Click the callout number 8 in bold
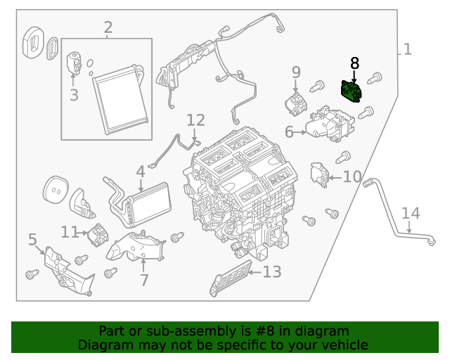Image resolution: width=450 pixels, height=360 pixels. pyautogui.click(x=354, y=63)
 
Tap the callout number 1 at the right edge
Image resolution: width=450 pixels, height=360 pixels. pyautogui.click(x=407, y=49)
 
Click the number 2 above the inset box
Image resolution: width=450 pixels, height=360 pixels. pyautogui.click(x=108, y=28)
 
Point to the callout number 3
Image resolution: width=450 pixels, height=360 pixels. pyautogui.click(x=74, y=94)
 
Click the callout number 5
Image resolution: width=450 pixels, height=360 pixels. pyautogui.click(x=32, y=240)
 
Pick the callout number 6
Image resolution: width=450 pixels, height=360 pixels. pyautogui.click(x=289, y=131)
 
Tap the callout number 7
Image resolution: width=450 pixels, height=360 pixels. pyautogui.click(x=144, y=281)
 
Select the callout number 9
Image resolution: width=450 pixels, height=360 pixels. pyautogui.click(x=296, y=72)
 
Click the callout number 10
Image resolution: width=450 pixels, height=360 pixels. pyautogui.click(x=352, y=176)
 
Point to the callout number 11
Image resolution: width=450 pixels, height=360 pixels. pyautogui.click(x=69, y=231)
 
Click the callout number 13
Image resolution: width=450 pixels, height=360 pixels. pyautogui.click(x=271, y=271)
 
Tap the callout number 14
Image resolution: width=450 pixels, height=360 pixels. pyautogui.click(x=410, y=213)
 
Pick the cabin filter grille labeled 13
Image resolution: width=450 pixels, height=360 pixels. pyautogui.click(x=230, y=278)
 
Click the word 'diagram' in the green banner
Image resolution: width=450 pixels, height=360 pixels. pyautogui.click(x=323, y=331)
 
